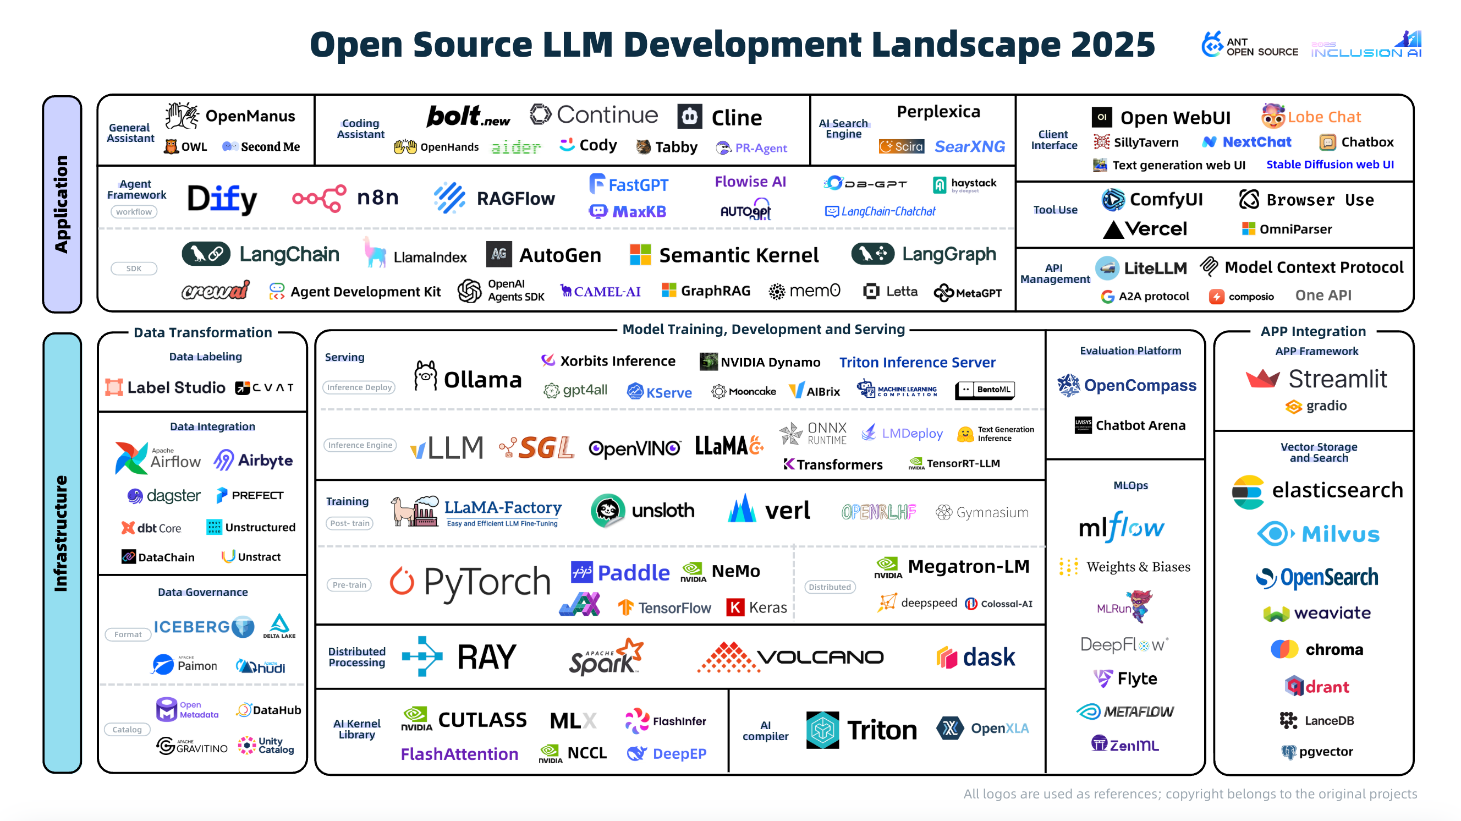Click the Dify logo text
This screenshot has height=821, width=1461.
(x=222, y=199)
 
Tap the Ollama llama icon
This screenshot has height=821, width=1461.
(x=425, y=376)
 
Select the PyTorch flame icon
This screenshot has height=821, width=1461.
(x=402, y=581)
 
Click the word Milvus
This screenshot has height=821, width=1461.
(x=1340, y=534)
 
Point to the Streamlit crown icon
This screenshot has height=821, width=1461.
(x=1262, y=379)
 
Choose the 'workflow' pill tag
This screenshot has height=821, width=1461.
(x=134, y=212)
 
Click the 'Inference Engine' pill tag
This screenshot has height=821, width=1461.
(x=360, y=445)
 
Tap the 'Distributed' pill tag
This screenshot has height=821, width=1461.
(x=829, y=587)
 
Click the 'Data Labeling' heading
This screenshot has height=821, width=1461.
(x=205, y=357)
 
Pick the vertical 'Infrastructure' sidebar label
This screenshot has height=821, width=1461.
(x=61, y=533)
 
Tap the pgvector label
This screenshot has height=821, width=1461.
(x=1326, y=751)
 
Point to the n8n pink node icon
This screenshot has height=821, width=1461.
(x=319, y=198)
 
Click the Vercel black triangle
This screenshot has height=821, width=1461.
(x=1113, y=229)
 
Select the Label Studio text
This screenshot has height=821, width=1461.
(x=176, y=387)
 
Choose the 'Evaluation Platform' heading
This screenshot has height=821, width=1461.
(x=1130, y=351)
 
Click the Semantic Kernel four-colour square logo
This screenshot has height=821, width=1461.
(x=640, y=255)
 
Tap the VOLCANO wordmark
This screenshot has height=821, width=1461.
(x=820, y=657)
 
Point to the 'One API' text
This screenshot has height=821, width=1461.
(x=1323, y=295)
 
